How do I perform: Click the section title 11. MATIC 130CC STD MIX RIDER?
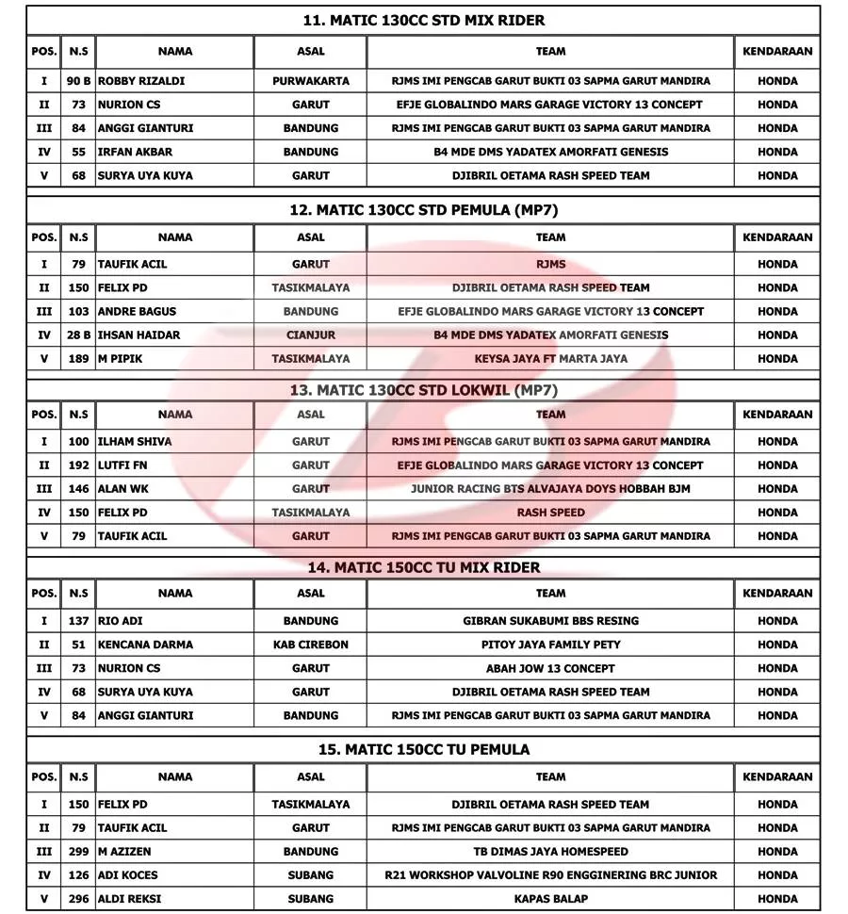coord(423,20)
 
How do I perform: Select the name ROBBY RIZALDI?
coord(141,81)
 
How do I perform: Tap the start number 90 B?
coord(78,81)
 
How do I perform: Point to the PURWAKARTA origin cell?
coord(310,81)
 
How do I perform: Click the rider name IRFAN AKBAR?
coord(135,152)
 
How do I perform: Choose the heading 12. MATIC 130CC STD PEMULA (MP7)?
coord(423,210)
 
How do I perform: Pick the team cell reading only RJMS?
coord(550,265)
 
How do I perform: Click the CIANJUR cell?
coord(310,335)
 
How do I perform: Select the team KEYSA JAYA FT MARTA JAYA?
coord(550,359)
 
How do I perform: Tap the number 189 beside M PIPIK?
coord(78,359)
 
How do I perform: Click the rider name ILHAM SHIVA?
coord(135,442)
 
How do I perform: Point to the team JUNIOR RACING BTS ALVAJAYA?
coord(550,489)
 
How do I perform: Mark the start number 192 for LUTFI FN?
coord(78,465)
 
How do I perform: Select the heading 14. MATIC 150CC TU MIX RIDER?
coord(423,567)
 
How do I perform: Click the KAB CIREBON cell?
coord(310,645)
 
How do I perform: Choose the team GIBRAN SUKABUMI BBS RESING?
coord(550,621)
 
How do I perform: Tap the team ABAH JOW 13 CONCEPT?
coord(550,668)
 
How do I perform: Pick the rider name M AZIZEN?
coord(124,852)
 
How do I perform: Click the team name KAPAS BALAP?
coord(550,899)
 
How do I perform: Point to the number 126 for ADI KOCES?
coord(78,875)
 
